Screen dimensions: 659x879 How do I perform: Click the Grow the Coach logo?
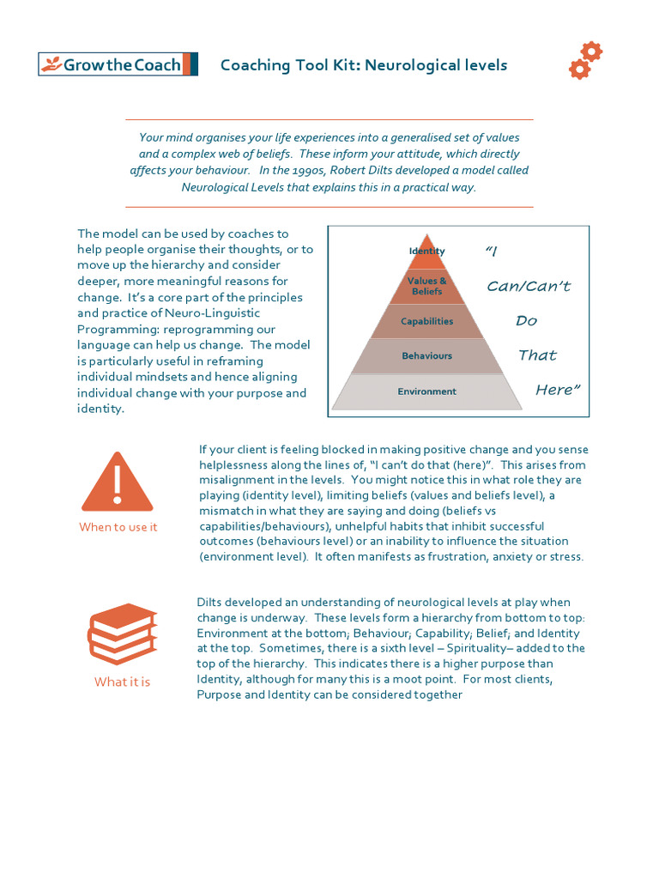point(118,64)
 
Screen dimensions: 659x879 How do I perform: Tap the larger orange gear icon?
point(591,52)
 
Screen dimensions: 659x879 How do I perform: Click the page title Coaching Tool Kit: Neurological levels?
point(364,65)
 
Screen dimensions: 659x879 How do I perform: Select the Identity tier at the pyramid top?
point(426,252)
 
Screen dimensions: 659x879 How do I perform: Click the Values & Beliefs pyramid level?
point(426,286)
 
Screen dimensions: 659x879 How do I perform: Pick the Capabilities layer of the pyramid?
point(426,321)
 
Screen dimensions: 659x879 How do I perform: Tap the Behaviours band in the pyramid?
point(426,355)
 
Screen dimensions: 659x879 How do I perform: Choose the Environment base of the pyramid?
point(426,391)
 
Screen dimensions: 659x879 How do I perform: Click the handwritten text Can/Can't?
point(529,286)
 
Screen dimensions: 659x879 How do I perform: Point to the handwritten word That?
point(537,355)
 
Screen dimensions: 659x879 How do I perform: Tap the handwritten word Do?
point(526,320)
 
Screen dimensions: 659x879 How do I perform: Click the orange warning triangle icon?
point(118,482)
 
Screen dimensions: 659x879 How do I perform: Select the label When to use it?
point(118,527)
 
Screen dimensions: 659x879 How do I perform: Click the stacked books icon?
point(122,635)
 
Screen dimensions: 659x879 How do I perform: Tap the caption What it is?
point(122,682)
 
